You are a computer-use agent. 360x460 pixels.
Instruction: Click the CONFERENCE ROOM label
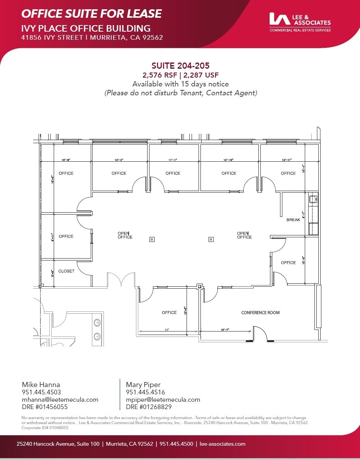point(260,313)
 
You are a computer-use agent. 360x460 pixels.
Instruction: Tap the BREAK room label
point(293,220)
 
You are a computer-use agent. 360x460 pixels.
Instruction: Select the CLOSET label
point(66,271)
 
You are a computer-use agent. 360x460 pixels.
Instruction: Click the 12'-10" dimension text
point(228,159)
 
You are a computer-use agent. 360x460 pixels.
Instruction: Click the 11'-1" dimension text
point(173,159)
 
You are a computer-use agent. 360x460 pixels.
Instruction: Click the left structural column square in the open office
point(152,239)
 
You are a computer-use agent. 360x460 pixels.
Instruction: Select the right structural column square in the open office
point(211,239)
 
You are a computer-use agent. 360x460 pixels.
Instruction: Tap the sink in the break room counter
point(313,200)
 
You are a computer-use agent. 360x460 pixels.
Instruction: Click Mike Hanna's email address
point(60,400)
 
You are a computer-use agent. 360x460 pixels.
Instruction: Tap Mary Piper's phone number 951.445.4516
point(145,392)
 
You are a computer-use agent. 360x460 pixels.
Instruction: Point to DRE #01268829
point(149,407)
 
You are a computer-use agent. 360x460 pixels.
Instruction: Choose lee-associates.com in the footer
point(223,444)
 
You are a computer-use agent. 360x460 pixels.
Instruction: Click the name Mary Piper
point(143,385)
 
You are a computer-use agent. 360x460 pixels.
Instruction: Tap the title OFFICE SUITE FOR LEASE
point(92,14)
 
